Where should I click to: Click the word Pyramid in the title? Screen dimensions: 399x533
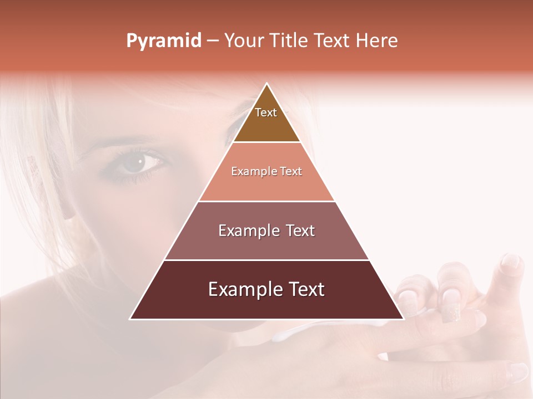click(x=163, y=41)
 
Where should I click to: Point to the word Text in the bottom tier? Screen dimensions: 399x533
click(x=306, y=290)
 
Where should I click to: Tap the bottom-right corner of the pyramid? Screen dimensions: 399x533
click(x=403, y=319)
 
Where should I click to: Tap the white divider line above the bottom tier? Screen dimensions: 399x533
click(x=266, y=260)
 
